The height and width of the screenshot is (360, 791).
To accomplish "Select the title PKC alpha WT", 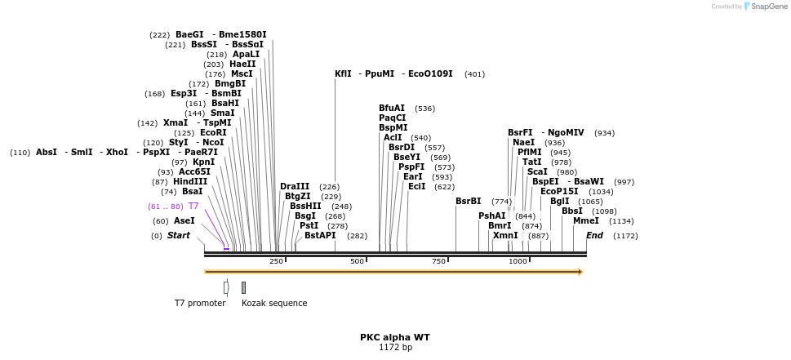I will click(395, 337).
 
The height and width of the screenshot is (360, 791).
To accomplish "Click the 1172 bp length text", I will click(395, 348).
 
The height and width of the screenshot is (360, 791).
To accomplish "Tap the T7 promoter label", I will click(200, 303).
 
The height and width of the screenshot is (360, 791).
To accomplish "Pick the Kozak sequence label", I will click(274, 303).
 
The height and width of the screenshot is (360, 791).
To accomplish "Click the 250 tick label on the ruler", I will click(276, 261).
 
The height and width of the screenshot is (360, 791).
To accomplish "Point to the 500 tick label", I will click(357, 261).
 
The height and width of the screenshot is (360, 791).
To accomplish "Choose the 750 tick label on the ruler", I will click(438, 261).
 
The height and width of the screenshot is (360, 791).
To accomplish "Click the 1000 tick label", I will click(518, 261).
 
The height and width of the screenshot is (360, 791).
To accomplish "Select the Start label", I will click(178, 236).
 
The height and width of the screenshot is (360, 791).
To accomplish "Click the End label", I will click(594, 236).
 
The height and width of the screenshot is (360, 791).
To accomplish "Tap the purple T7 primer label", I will click(193, 207).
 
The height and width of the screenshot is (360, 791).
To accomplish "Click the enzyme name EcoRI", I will click(213, 133).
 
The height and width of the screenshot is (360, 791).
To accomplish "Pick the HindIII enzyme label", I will click(190, 182).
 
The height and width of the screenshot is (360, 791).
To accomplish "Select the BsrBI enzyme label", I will click(468, 202).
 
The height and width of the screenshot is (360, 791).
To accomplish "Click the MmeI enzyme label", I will click(585, 221).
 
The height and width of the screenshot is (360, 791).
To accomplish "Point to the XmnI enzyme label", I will click(505, 236).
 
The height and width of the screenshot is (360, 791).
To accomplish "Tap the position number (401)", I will click(474, 74).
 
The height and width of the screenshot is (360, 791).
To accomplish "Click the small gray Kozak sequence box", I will click(243, 287).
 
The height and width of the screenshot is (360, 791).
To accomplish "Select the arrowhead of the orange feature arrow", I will click(580, 272).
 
